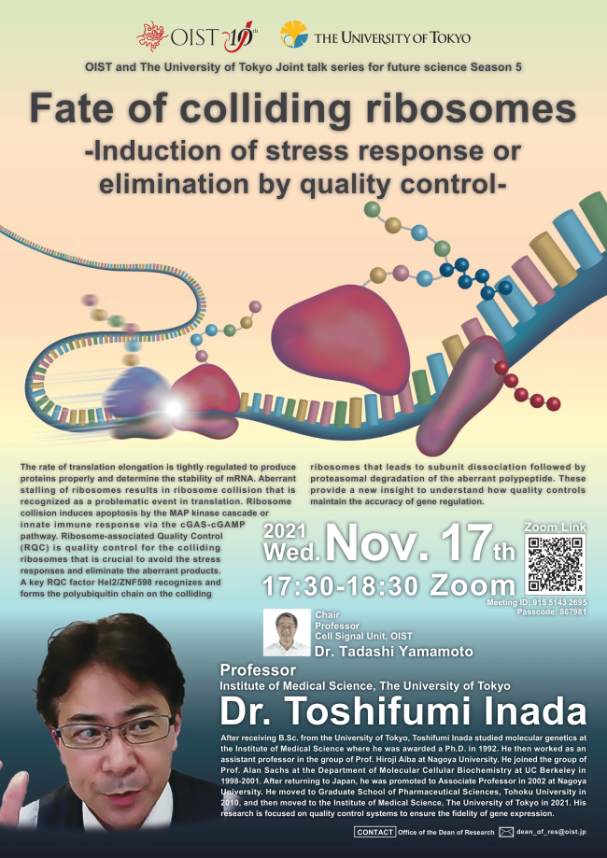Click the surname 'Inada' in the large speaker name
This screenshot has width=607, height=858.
[x=512, y=711]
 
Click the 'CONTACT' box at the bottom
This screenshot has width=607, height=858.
[x=375, y=831]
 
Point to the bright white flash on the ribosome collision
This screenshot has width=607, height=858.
[x=172, y=407]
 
